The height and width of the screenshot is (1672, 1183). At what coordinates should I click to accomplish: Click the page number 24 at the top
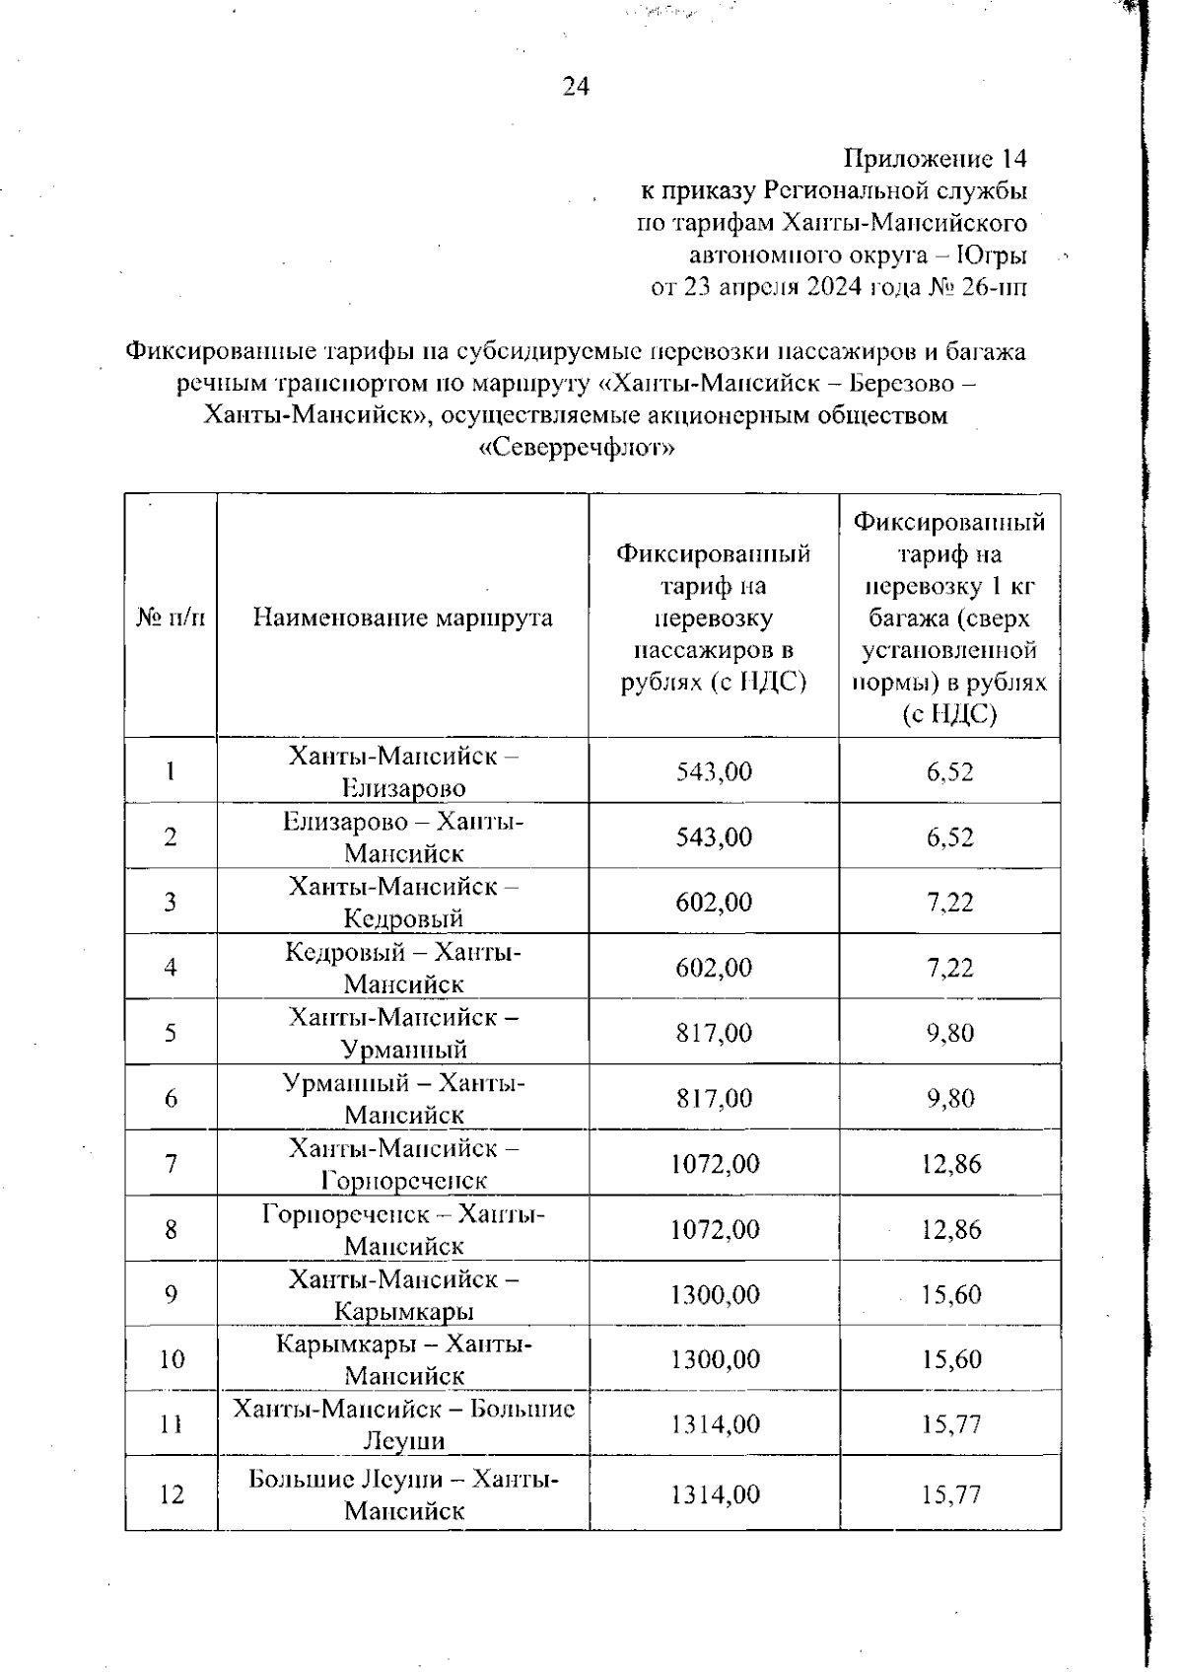(576, 88)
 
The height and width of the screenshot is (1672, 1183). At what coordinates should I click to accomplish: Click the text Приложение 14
(936, 159)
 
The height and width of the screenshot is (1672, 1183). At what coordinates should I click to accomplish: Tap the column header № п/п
(171, 618)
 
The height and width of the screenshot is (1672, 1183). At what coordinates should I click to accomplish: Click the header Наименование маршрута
(402, 618)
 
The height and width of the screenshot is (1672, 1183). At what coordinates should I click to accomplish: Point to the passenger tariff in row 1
(714, 771)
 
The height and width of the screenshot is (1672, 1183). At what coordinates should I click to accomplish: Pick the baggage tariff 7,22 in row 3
(949, 903)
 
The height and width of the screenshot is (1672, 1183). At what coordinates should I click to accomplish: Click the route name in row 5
(403, 1033)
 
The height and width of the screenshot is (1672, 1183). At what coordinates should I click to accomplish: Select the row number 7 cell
(171, 1164)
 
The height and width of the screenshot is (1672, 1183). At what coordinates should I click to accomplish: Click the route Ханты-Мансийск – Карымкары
(403, 1295)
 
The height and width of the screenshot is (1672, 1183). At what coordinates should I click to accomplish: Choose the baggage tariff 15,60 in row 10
(950, 1360)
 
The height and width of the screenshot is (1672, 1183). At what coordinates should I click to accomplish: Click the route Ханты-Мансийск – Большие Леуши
(403, 1424)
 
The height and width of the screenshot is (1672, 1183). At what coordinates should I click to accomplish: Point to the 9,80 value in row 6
(949, 1099)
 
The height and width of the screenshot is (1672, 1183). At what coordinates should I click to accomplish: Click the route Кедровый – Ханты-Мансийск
(403, 968)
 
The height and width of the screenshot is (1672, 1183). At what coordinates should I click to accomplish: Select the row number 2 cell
(171, 837)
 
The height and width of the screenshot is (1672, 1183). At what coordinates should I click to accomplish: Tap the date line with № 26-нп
(838, 288)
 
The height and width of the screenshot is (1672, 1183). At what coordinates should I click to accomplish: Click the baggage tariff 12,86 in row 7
(950, 1164)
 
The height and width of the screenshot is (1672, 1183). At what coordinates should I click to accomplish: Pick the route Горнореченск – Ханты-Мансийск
(403, 1230)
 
